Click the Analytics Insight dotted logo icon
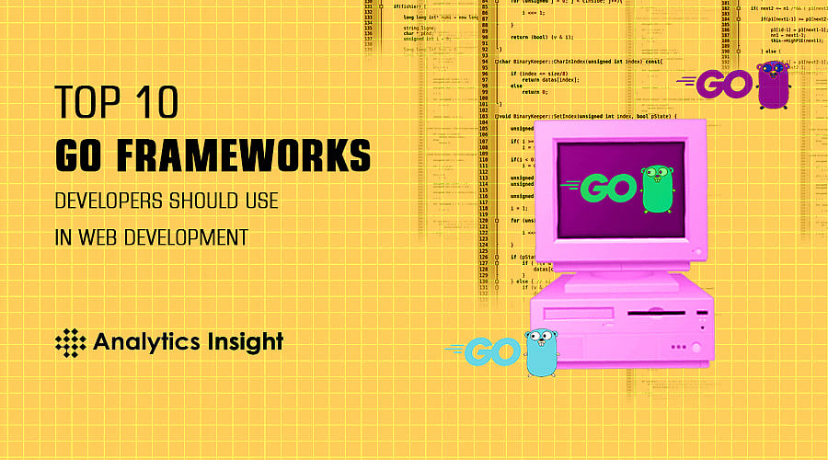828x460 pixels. [x=70, y=342]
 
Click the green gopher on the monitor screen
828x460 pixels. [x=654, y=186]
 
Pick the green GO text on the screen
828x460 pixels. [x=605, y=187]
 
